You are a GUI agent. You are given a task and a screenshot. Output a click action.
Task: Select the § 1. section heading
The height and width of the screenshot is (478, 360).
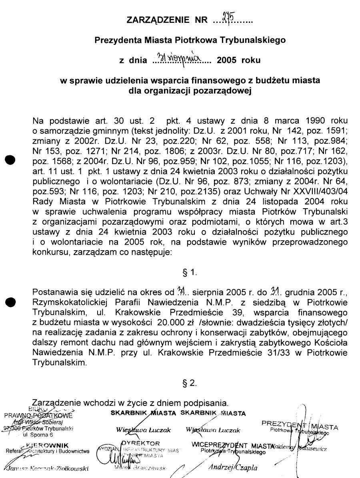click(189, 273)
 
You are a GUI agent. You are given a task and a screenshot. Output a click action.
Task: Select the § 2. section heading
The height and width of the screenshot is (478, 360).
click(189, 383)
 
